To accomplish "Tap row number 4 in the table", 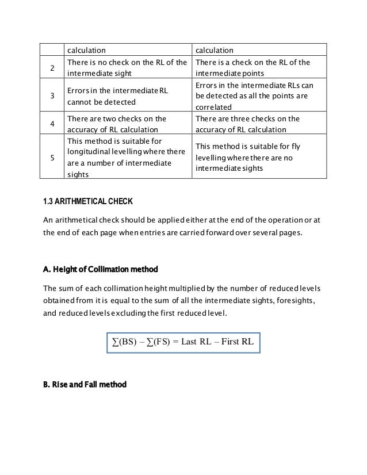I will coord(52,123).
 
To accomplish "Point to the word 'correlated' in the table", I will coord(214,107).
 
